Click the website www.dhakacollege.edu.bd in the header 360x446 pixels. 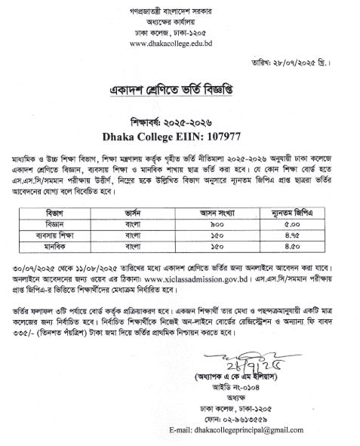point(180,44)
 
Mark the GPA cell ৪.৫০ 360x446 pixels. point(303,225)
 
